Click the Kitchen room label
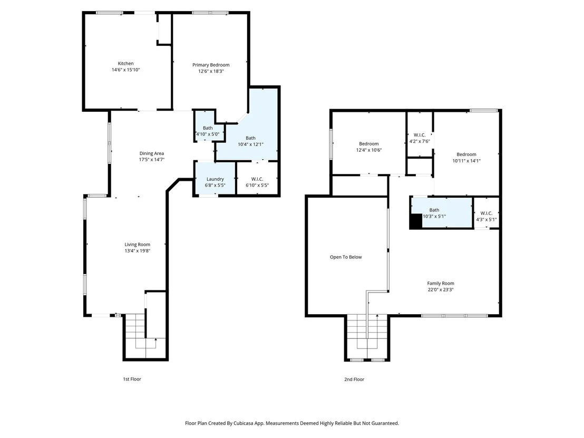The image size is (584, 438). (125, 64)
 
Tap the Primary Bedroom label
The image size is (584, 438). (211, 65)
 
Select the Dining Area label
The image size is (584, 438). (152, 153)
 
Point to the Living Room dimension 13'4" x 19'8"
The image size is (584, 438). (138, 251)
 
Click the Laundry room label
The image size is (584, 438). (215, 179)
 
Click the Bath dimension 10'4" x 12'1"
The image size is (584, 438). (251, 144)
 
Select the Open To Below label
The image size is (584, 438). (346, 257)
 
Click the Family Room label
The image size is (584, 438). (441, 284)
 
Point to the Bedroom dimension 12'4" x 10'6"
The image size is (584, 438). (369, 150)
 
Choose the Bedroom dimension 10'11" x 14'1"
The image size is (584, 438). (466, 161)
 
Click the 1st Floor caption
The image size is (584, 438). (132, 379)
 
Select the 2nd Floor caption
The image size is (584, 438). (354, 379)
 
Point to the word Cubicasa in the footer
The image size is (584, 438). (245, 423)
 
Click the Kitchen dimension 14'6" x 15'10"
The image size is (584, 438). (126, 70)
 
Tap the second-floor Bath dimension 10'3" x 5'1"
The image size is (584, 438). (434, 217)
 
